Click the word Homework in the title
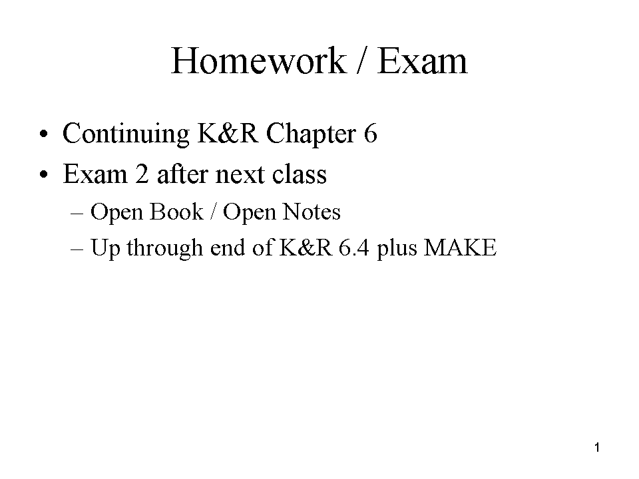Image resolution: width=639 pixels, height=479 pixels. tap(259, 61)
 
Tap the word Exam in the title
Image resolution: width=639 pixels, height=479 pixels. tap(423, 61)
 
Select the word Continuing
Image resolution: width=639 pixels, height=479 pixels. tap(126, 134)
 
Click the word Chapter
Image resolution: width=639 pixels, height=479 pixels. tap(312, 134)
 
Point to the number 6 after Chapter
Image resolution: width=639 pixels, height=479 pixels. tap(371, 133)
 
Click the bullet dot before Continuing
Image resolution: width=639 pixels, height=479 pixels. tap(44, 134)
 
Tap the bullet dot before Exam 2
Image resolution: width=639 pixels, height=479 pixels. tap(44, 175)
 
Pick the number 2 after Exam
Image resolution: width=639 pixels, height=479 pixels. tap(142, 174)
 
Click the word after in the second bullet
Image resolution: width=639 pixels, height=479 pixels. tap(182, 174)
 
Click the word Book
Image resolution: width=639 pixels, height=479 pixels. tap(176, 212)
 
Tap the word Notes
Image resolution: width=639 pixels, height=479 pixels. tap(312, 212)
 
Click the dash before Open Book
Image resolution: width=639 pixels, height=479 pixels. tap(77, 214)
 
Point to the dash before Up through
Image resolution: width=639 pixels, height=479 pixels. tap(77, 249)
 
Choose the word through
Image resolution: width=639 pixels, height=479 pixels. tap(164, 248)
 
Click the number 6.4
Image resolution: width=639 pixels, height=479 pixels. tap(353, 247)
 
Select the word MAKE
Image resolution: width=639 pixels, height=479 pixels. tap(461, 247)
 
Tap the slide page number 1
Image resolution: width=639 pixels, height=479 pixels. tap(597, 448)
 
